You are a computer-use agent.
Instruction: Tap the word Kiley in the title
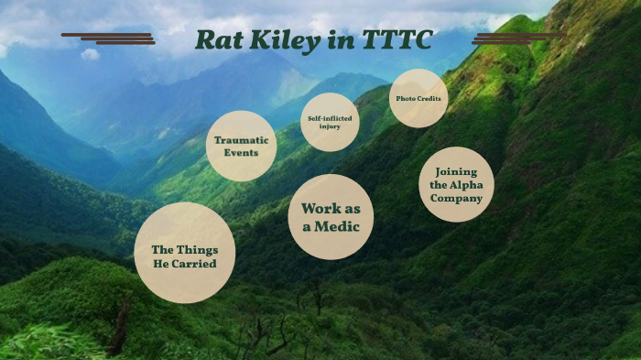click(x=283, y=41)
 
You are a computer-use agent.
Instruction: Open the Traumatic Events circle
click(x=241, y=146)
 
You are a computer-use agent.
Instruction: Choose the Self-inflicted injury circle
click(x=330, y=121)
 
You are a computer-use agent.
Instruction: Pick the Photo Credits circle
click(x=418, y=98)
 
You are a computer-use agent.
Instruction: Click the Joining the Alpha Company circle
click(x=456, y=184)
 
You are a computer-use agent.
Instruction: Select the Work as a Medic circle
click(x=331, y=217)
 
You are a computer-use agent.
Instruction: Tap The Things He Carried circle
click(x=184, y=253)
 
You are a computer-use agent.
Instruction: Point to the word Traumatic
click(x=241, y=140)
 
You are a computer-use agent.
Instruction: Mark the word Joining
click(x=456, y=171)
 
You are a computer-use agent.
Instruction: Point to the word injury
click(x=330, y=126)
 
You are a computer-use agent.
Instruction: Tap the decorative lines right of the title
click(x=517, y=38)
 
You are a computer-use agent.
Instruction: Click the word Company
click(x=456, y=197)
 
